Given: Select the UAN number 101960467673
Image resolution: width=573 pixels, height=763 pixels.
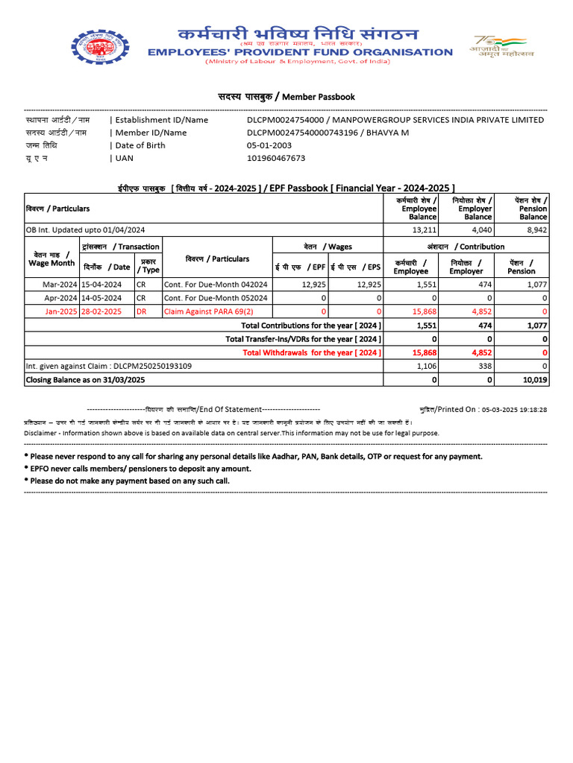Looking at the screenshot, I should click(x=276, y=158).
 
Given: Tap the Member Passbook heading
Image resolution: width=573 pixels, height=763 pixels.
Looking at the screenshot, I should click(x=286, y=97).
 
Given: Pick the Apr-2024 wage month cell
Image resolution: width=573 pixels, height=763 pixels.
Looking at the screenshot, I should click(x=61, y=297).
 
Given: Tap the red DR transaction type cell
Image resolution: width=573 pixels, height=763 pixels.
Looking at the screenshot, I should click(x=142, y=311).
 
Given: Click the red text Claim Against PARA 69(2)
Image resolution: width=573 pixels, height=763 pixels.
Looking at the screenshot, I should click(x=208, y=311).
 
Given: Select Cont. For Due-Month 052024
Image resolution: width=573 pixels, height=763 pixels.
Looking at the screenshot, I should click(x=216, y=297).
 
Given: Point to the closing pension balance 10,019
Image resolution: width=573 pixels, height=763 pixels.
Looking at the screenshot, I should click(x=534, y=380).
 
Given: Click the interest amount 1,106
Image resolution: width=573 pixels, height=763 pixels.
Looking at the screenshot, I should click(x=424, y=366).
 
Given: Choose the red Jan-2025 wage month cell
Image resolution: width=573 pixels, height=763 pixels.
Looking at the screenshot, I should click(x=61, y=311).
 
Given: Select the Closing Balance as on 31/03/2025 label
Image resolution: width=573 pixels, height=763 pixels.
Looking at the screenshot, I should click(x=85, y=380).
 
